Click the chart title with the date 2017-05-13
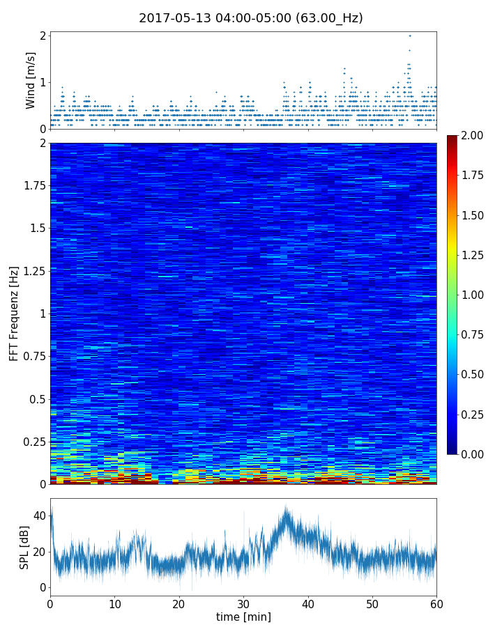click(251, 18)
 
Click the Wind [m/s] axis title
click(31, 79)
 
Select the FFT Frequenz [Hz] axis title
click(14, 313)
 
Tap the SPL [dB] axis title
click(25, 546)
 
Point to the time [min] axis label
click(243, 617)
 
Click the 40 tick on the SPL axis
click(39, 516)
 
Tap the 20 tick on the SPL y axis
click(39, 552)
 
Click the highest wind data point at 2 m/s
click(410, 36)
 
